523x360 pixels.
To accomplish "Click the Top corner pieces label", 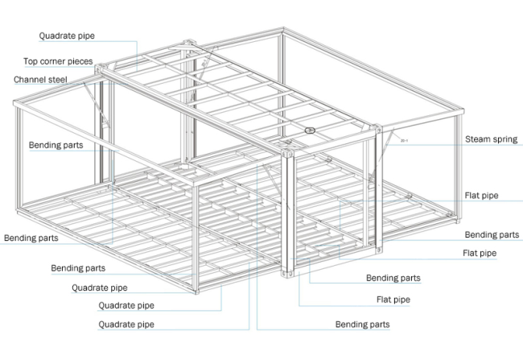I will pyautogui.click(x=58, y=61).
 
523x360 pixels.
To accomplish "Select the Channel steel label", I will pyautogui.click(x=39, y=80).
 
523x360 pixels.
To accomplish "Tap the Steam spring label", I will pyautogui.click(x=492, y=139).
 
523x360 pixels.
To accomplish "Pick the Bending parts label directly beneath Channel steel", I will pyautogui.click(x=56, y=146).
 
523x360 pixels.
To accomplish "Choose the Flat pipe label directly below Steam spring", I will pyautogui.click(x=481, y=196).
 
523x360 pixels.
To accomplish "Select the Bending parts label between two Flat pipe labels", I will pyautogui.click(x=492, y=235).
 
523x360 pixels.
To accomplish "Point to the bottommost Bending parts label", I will pyautogui.click(x=362, y=325).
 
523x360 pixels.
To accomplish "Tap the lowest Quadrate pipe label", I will pyautogui.click(x=126, y=325).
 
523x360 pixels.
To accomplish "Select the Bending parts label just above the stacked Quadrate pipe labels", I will pyautogui.click(x=78, y=268).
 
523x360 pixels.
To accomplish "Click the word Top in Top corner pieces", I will pyautogui.click(x=31, y=61).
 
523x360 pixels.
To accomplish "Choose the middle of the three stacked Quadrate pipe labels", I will pyautogui.click(x=126, y=305).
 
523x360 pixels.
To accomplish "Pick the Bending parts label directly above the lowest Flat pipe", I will pyautogui.click(x=393, y=279).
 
